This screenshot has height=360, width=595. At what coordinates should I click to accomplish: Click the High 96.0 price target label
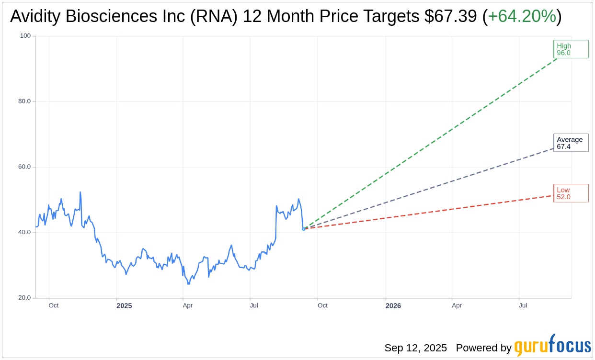(x=571, y=49)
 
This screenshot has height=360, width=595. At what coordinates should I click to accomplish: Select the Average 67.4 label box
(x=571, y=143)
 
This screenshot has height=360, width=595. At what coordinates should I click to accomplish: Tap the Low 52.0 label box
(x=571, y=193)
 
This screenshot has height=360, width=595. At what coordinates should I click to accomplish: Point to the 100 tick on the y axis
(x=25, y=36)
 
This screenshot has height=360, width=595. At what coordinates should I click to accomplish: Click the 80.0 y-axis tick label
(x=24, y=101)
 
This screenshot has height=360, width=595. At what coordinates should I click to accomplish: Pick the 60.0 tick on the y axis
(x=24, y=167)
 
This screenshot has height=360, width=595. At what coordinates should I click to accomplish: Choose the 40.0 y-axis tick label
(x=24, y=232)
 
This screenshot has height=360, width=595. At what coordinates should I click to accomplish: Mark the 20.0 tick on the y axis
(x=24, y=298)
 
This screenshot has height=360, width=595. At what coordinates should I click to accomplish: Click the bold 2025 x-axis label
(x=124, y=305)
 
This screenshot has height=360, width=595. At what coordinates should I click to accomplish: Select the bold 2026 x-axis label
(x=393, y=305)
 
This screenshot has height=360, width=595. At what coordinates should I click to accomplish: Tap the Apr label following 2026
(x=457, y=305)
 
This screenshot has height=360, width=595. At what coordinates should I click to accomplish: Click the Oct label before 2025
(x=54, y=305)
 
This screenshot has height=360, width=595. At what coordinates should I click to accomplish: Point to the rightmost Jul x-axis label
(x=523, y=305)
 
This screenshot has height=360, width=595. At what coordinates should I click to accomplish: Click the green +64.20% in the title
(x=522, y=16)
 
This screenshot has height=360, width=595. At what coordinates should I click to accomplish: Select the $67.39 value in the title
(x=450, y=16)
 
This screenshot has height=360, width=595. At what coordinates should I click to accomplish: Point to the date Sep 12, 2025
(x=415, y=348)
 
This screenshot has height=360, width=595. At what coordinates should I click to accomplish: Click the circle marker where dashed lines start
(x=303, y=229)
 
